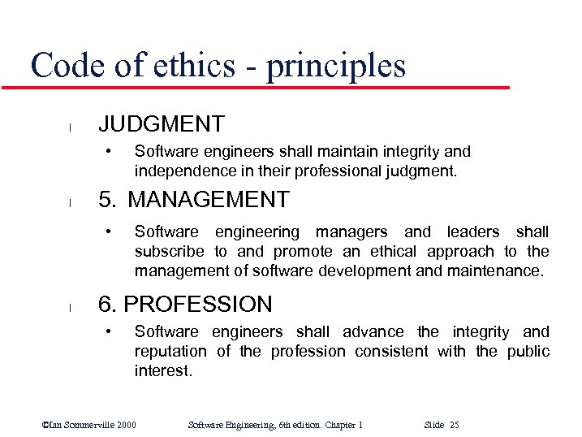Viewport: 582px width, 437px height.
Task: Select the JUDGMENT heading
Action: tap(161, 124)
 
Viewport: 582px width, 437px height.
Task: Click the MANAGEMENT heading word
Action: tap(209, 199)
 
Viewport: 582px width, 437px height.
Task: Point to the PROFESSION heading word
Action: tap(198, 305)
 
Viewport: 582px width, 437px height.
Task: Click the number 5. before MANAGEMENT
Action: tap(107, 199)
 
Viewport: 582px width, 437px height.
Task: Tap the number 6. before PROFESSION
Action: tap(109, 305)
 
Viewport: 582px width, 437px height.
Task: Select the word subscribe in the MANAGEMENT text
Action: tap(169, 252)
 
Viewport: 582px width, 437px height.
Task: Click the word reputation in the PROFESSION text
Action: tap(170, 352)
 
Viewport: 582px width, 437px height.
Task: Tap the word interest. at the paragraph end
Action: tap(163, 371)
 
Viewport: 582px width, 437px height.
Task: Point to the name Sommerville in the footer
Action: tap(84, 425)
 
